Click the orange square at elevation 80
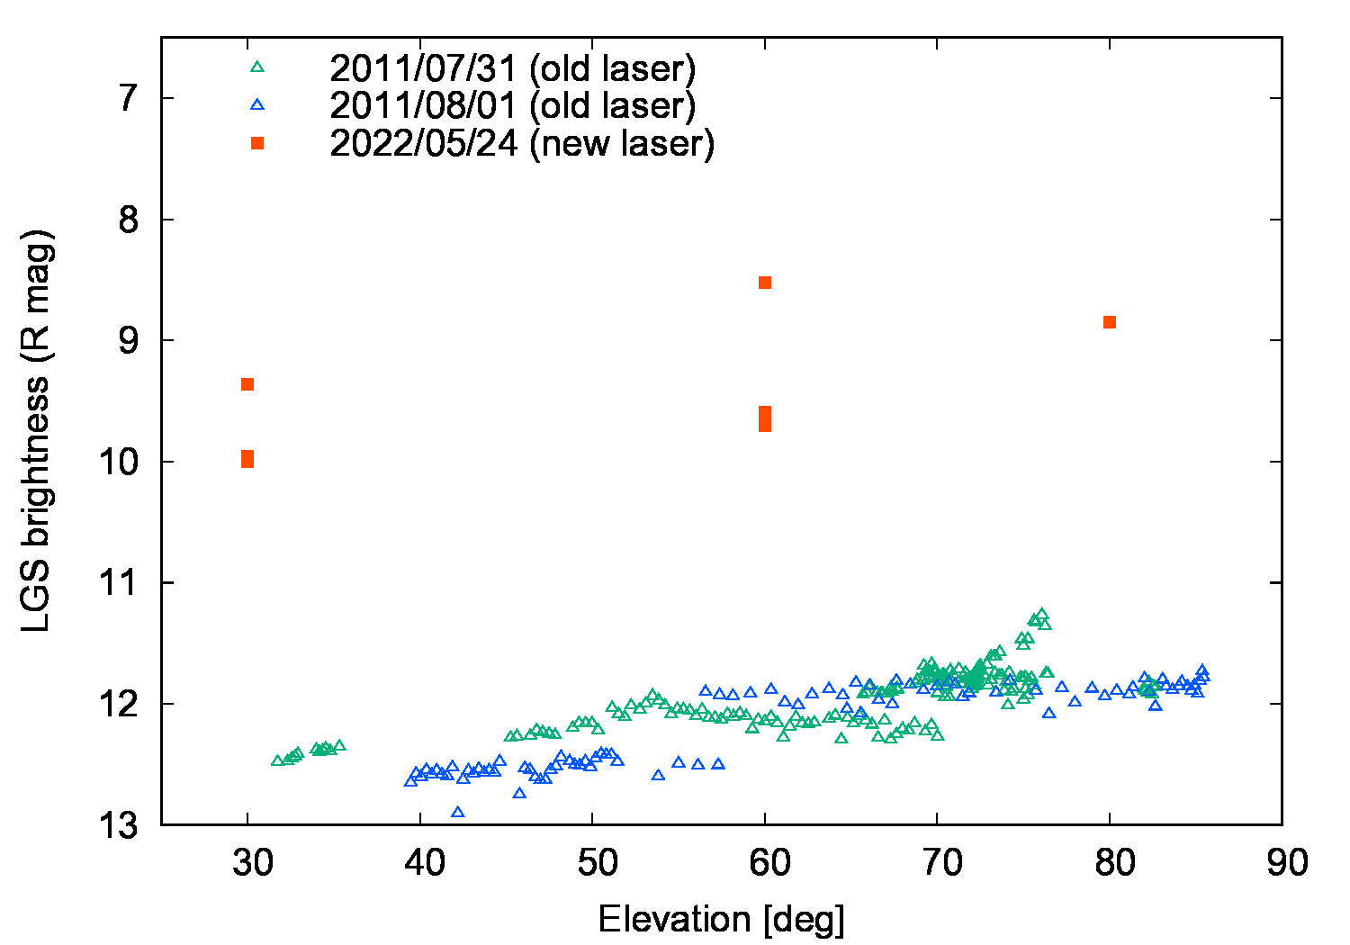point(1110,322)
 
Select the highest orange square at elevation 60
point(765,283)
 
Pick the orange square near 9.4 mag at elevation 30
point(247,384)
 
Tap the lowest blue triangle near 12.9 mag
point(457,812)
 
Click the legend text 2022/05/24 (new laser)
point(522,144)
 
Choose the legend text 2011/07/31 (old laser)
point(512,67)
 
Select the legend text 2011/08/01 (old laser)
point(512,105)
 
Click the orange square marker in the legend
point(257,143)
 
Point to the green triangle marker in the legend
point(257,67)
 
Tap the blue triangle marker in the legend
point(257,104)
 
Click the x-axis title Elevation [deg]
point(721,919)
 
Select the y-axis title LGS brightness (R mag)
point(38,430)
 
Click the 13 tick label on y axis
point(119,824)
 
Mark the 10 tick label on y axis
point(119,462)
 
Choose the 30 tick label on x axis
point(253,863)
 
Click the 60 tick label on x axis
point(769,863)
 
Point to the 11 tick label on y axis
point(119,583)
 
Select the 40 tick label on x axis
point(425,863)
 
